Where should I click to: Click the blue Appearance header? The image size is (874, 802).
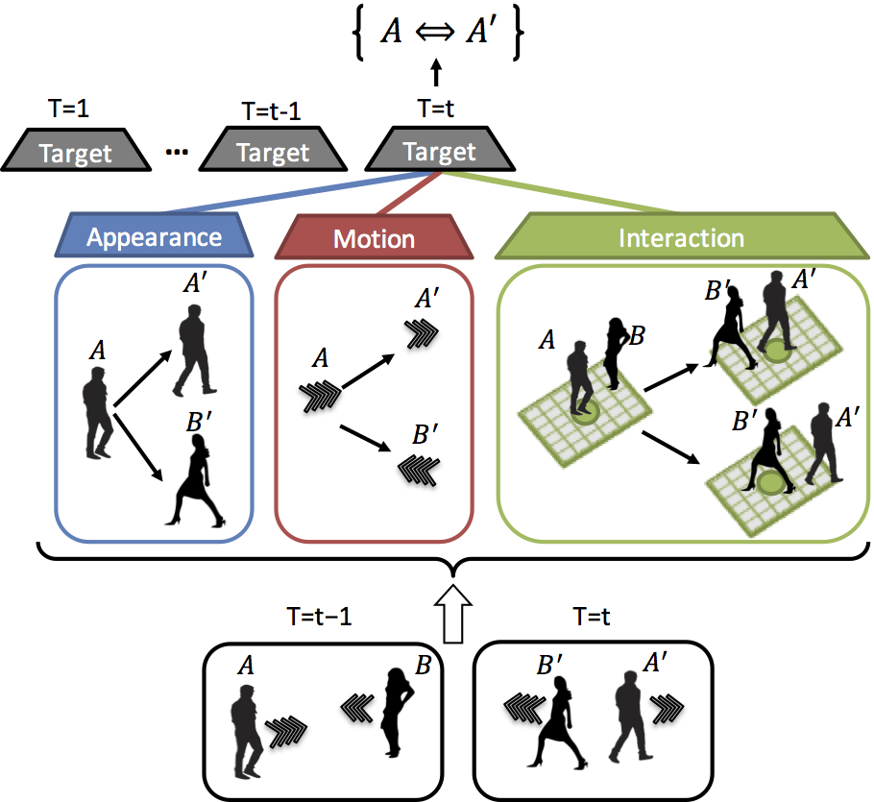click(154, 237)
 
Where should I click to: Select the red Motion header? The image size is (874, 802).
click(375, 239)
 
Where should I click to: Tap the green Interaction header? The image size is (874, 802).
click(681, 238)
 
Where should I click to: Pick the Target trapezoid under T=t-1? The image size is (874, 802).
click(273, 152)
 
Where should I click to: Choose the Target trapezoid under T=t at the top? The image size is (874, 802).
click(439, 151)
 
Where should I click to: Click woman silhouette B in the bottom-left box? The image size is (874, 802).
click(398, 710)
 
